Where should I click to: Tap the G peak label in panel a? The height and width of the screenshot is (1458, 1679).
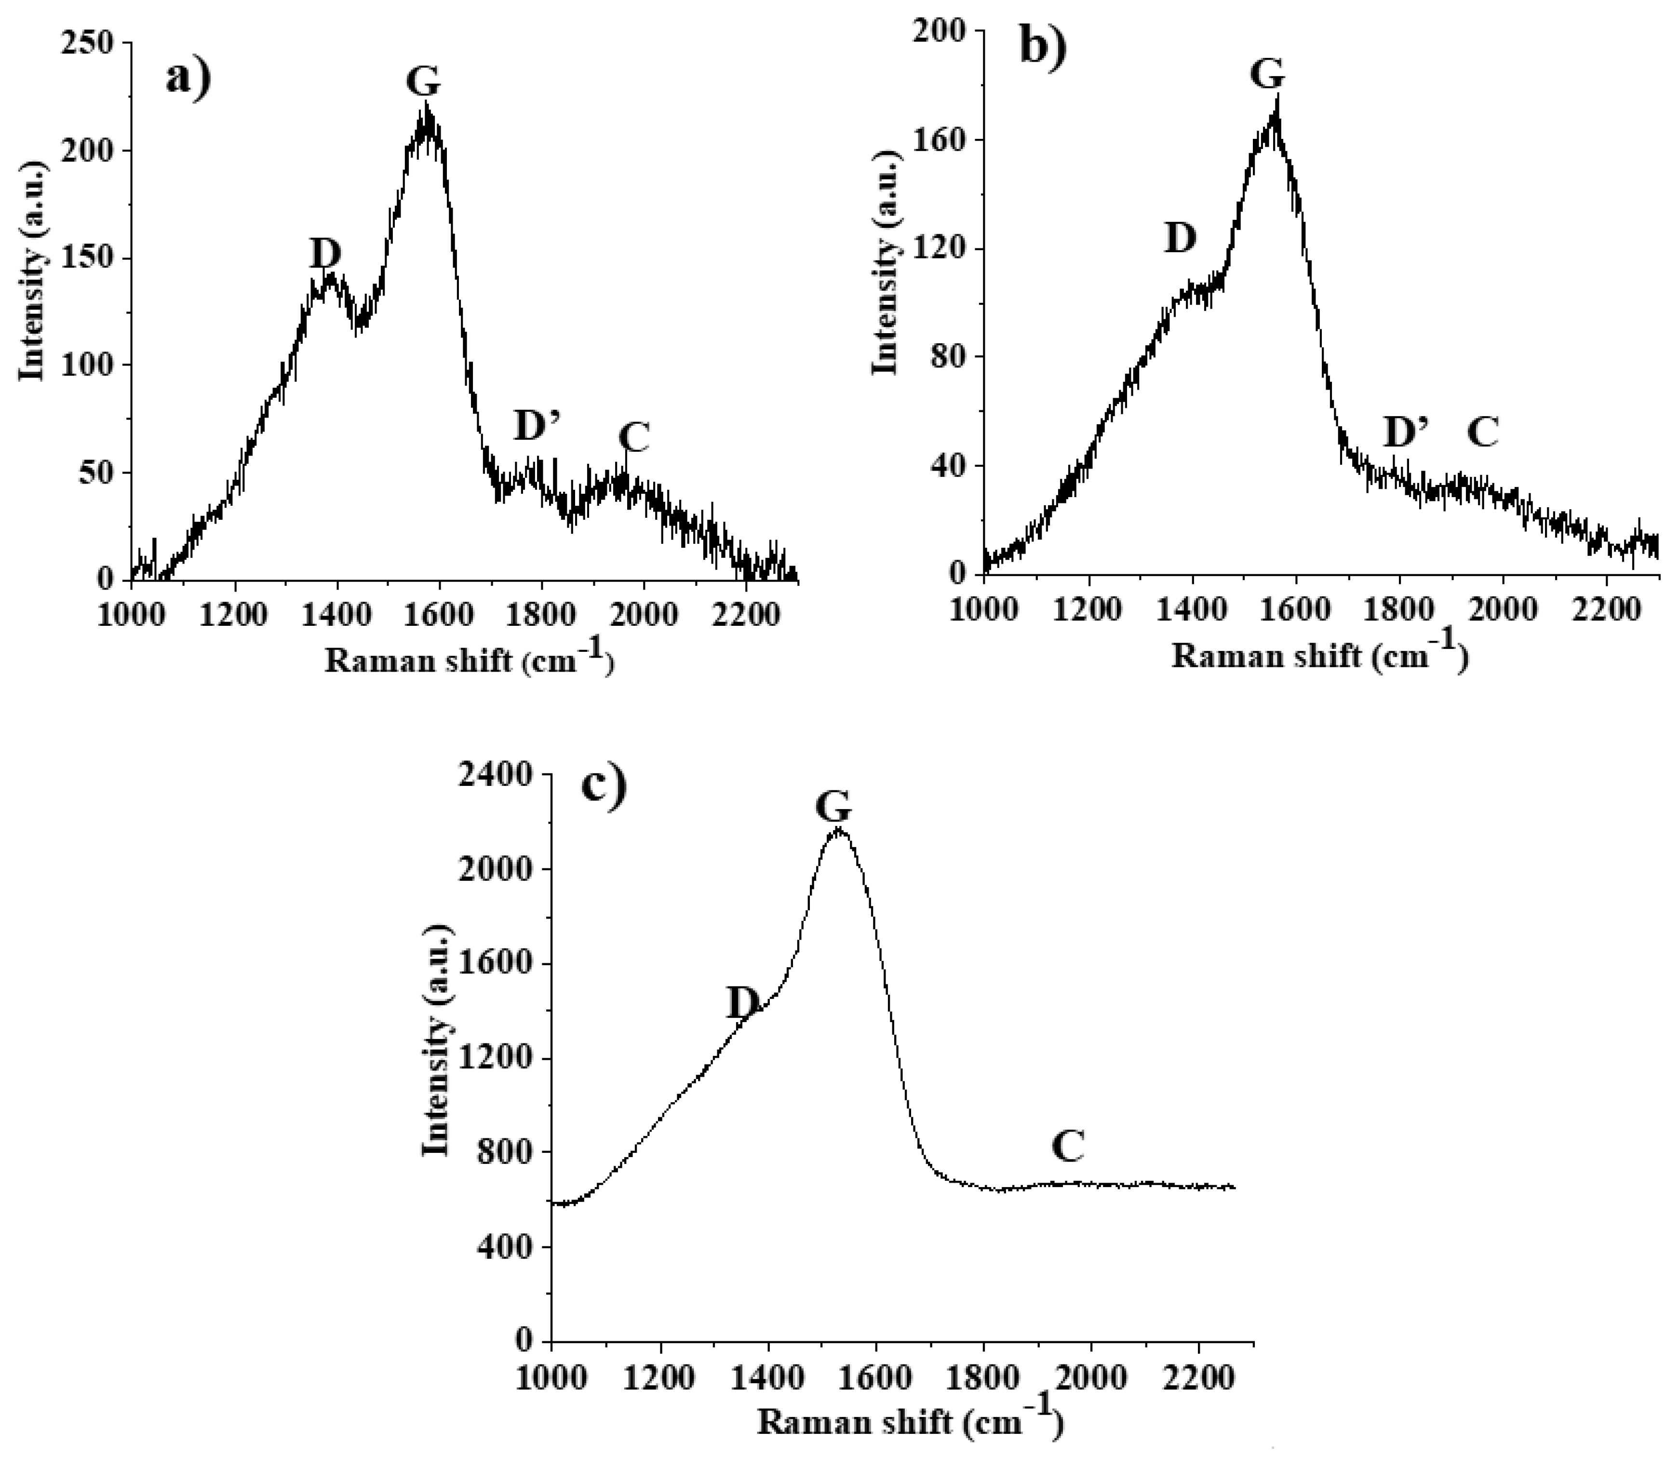(423, 81)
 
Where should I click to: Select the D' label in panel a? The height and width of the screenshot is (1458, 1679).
(539, 426)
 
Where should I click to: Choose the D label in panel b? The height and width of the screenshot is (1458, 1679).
(1181, 238)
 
